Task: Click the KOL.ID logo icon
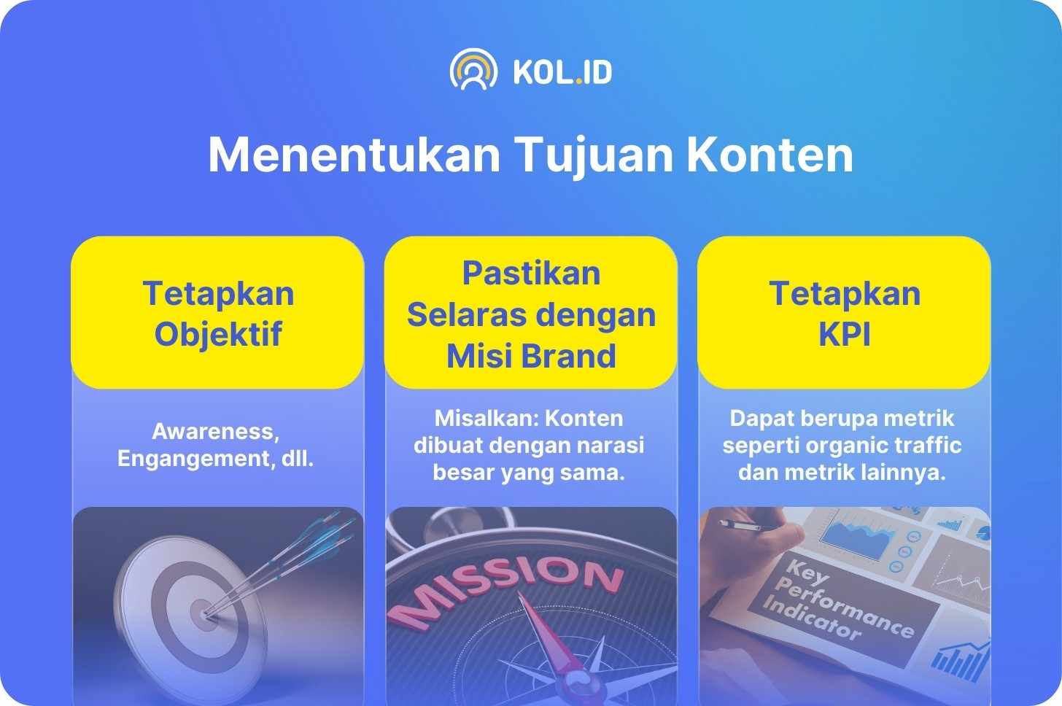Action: click(x=473, y=69)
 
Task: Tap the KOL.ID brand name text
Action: click(x=563, y=72)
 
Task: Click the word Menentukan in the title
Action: click(x=354, y=155)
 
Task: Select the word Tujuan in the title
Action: click(x=594, y=155)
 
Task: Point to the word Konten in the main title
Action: click(x=770, y=155)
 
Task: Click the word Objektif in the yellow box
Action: click(x=219, y=335)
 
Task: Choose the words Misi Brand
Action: click(x=531, y=356)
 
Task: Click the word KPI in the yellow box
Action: click(x=845, y=334)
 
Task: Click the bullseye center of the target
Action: click(x=205, y=615)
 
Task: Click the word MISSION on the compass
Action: click(x=505, y=590)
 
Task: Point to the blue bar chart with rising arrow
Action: click(x=961, y=660)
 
